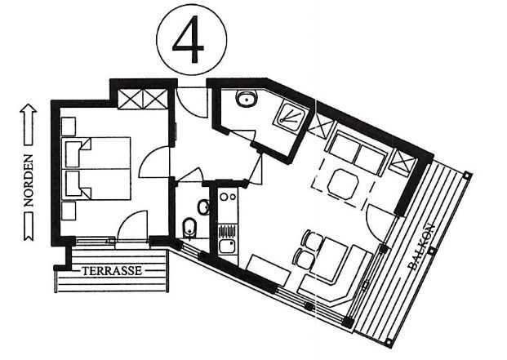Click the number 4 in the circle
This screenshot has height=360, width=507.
(x=189, y=39)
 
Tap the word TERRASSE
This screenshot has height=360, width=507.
(x=112, y=270)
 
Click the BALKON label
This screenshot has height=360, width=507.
(x=421, y=247)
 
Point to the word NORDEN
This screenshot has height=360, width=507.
(x=29, y=180)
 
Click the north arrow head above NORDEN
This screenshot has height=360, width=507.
(x=29, y=109)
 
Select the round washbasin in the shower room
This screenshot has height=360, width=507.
(x=247, y=98)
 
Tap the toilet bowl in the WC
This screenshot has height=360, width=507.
(x=189, y=228)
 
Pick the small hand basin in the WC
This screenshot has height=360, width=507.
(x=204, y=207)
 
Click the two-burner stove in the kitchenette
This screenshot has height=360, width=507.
(x=228, y=204)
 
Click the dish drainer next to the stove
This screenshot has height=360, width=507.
(x=228, y=232)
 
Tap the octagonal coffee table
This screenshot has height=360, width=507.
(x=344, y=184)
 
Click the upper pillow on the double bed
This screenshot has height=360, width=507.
(x=78, y=153)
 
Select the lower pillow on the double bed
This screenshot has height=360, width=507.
(x=78, y=184)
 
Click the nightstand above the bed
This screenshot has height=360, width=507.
(x=69, y=127)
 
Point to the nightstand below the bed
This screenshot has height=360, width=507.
(x=69, y=211)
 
